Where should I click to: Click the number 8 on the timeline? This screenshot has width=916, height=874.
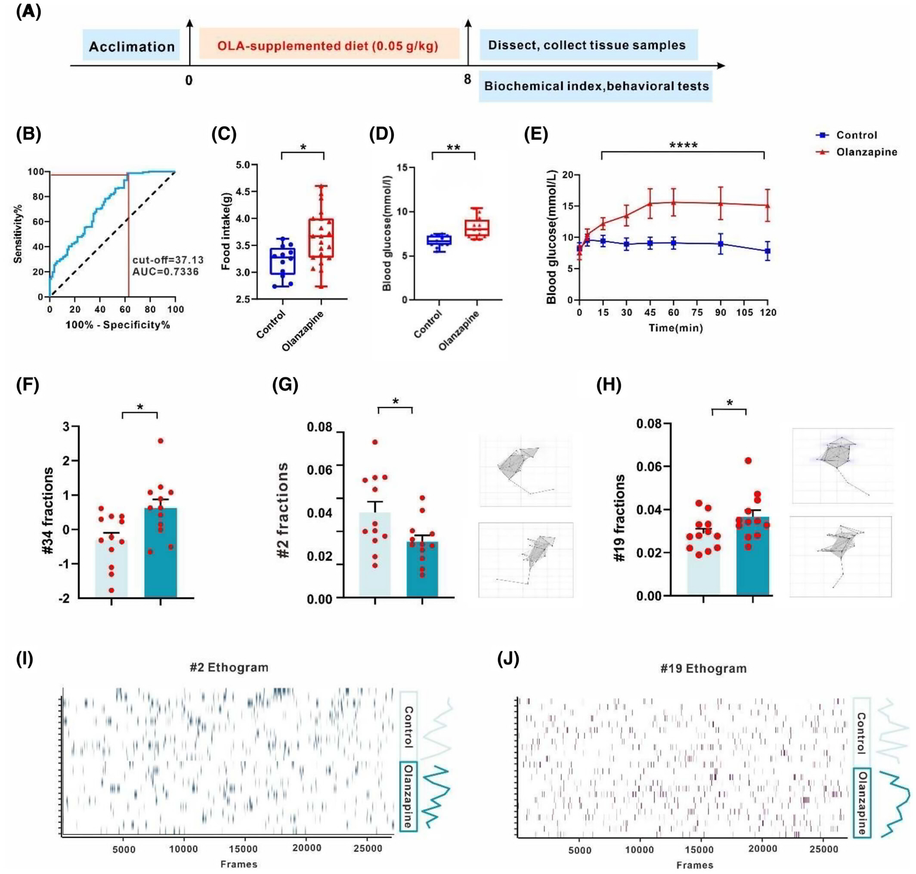[467, 80]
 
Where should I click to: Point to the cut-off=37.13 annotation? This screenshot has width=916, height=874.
[168, 260]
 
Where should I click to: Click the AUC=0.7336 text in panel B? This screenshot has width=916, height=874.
[165, 272]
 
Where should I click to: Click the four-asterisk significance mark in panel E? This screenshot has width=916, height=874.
[684, 146]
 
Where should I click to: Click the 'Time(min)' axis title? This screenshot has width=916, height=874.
[675, 328]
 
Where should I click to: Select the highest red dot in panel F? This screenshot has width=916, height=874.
[161, 441]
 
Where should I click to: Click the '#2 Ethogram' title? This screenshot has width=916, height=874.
[229, 667]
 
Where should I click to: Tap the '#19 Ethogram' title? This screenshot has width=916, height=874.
[703, 669]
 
